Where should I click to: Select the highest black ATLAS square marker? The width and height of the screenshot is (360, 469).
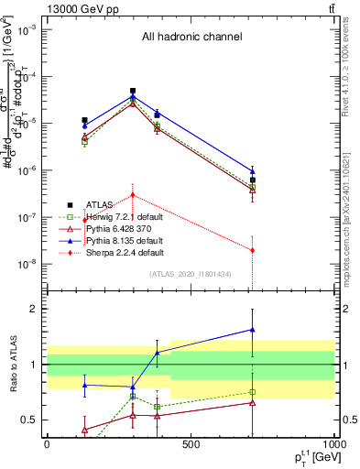click(x=133, y=91)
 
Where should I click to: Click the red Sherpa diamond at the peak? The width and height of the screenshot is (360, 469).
click(x=133, y=195)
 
